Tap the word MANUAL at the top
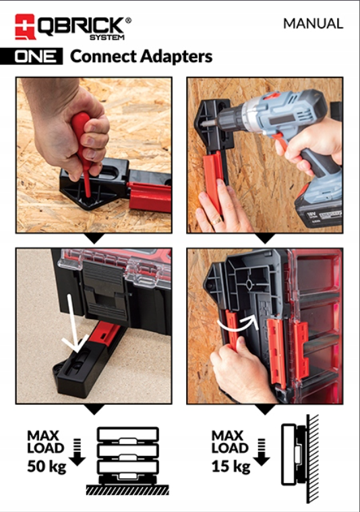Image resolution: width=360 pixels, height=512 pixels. pos(313,24)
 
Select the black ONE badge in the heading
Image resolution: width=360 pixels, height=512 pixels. pos(39,57)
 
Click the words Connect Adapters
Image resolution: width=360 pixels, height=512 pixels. pos(141,57)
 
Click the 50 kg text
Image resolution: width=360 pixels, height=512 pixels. pos(47,466)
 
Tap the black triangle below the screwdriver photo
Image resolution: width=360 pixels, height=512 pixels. pos(94,238)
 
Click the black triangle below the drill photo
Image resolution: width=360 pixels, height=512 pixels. pos(265,238)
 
